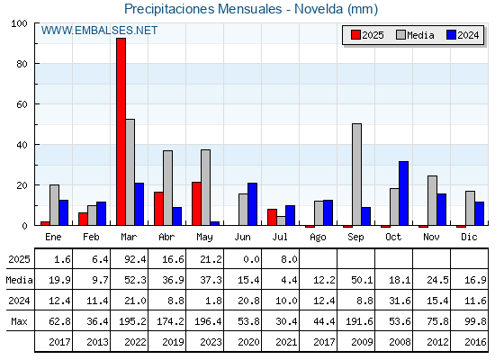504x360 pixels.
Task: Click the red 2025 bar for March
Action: point(121,131)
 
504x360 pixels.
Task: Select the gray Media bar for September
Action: point(356,175)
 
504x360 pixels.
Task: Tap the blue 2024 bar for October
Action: point(404,193)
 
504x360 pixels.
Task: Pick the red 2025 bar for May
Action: point(197,203)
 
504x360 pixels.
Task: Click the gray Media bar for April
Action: point(167,188)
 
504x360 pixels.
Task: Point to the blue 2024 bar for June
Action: point(252,204)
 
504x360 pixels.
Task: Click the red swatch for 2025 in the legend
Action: point(355,35)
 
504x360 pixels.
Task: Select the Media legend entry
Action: point(416,35)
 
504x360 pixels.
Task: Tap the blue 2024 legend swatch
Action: point(451,35)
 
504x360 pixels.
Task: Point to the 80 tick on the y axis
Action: point(22,64)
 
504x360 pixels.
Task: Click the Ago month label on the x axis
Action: point(318,238)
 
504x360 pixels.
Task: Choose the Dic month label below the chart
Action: point(469,237)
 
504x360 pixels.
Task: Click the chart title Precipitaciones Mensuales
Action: point(203,9)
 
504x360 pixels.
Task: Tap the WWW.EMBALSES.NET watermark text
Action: point(99,31)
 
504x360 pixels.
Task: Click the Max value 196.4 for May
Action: point(208,321)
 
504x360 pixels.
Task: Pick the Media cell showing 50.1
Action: point(362,280)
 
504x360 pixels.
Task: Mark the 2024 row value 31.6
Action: point(400,301)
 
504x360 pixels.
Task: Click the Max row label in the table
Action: point(19,321)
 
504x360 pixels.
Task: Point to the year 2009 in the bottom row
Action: point(362,342)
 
